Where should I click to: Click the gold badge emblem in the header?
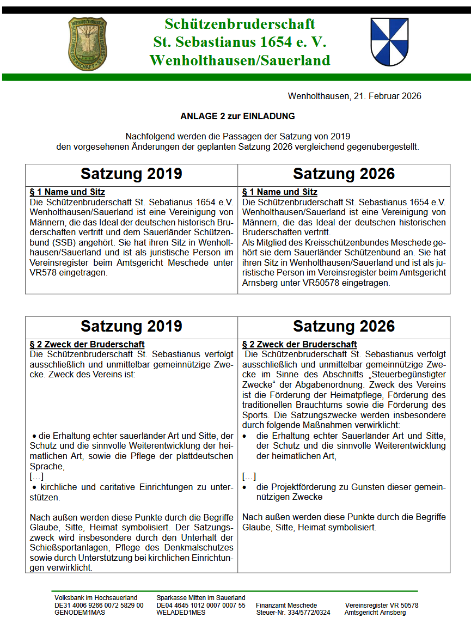(87, 42)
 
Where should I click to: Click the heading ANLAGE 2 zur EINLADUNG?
(237, 116)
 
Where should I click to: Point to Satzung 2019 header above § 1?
(131, 174)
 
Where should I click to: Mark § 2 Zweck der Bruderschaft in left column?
(87, 344)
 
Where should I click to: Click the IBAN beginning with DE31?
(99, 605)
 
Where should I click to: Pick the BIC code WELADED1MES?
(181, 613)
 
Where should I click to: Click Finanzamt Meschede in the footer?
(286, 605)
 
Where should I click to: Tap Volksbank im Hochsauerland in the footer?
(96, 597)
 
